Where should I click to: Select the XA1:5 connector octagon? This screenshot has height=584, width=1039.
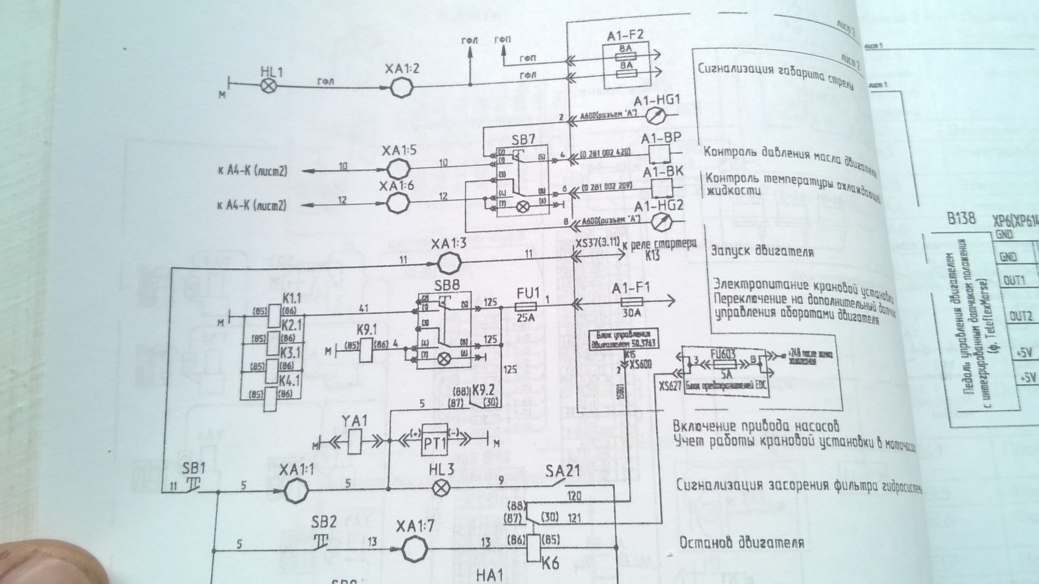399,168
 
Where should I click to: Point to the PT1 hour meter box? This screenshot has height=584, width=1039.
435,440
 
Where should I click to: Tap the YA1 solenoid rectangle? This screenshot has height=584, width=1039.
354,441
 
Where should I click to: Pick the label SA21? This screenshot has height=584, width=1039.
563,470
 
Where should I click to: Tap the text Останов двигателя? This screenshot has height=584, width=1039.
741,542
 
